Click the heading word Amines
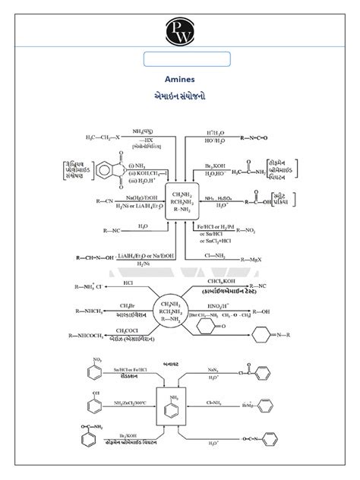(x=180, y=78)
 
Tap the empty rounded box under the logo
(x=187, y=58)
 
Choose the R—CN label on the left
(x=86, y=201)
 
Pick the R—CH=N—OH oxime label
(x=94, y=257)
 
